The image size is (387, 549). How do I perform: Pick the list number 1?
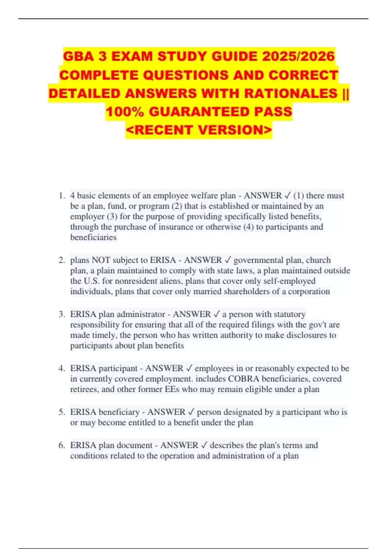[62, 196]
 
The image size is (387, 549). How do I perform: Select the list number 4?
[62, 368]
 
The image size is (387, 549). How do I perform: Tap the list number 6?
[62, 445]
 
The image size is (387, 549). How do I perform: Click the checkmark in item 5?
[191, 412]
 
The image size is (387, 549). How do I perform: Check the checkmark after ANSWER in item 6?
[204, 445]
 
